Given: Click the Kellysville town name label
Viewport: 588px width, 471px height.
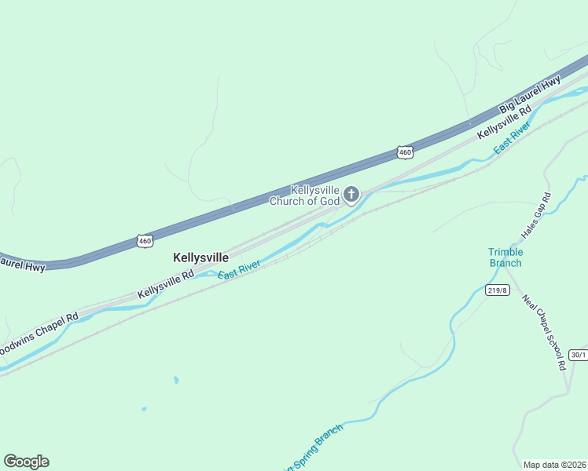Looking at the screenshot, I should [x=200, y=257].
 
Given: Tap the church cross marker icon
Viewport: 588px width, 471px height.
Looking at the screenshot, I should [x=351, y=194].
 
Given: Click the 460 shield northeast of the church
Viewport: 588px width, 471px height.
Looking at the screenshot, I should [x=404, y=152].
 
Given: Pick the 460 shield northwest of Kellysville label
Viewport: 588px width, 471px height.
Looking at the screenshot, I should [x=144, y=241].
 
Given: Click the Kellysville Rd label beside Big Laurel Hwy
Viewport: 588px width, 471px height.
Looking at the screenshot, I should [x=505, y=122].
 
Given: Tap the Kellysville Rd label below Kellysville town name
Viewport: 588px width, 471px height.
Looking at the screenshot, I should [x=166, y=285].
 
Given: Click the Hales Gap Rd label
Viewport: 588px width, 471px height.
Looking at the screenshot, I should [x=537, y=216].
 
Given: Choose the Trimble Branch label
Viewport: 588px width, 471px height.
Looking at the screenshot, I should [x=505, y=257].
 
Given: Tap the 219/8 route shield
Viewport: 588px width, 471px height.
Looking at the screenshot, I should [x=497, y=290].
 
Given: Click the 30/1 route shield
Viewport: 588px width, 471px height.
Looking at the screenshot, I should [x=578, y=355].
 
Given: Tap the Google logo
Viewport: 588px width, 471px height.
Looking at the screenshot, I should [x=26, y=462].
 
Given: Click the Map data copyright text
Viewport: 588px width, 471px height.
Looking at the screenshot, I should [x=554, y=464].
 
